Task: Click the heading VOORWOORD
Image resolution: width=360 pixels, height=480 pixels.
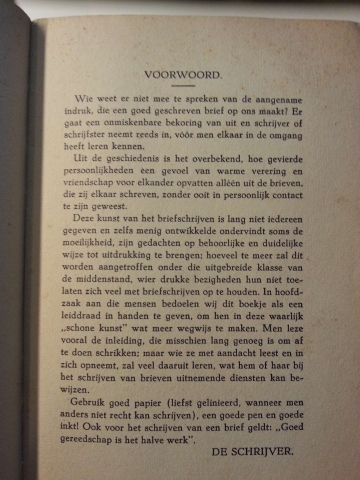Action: [x=182, y=75]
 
